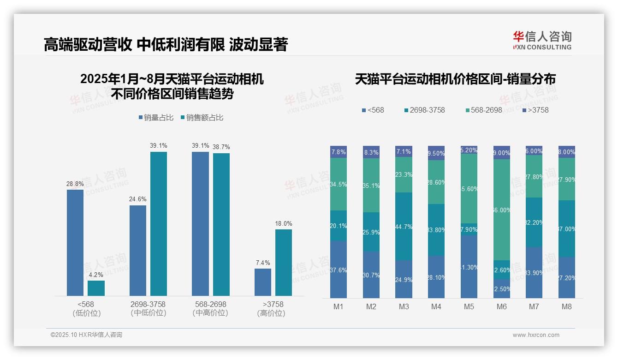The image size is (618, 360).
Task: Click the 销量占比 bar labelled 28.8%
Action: pos(75,242)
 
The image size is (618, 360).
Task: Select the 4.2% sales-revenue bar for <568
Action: pos(96,288)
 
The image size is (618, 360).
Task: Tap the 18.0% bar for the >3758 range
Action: pos(284,262)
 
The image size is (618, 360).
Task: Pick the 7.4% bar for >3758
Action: pos(263,282)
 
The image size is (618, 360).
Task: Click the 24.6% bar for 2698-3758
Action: pos(138,250)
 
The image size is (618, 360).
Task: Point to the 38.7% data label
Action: pos(221,147)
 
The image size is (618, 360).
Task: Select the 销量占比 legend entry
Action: pos(156,118)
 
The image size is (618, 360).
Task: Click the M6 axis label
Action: pos(502,306)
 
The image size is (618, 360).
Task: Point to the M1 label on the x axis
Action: pos(339,306)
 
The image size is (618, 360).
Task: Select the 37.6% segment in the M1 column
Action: pos(339,270)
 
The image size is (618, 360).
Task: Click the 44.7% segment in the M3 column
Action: pos(404,226)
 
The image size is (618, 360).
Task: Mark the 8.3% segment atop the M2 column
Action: pos(371,152)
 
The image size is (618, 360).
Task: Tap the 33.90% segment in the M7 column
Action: pos(534,272)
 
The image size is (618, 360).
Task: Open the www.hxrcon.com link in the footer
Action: pos(536,335)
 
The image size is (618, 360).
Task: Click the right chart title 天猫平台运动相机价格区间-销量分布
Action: pos(455,79)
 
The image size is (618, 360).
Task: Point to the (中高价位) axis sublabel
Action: pos(210,313)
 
